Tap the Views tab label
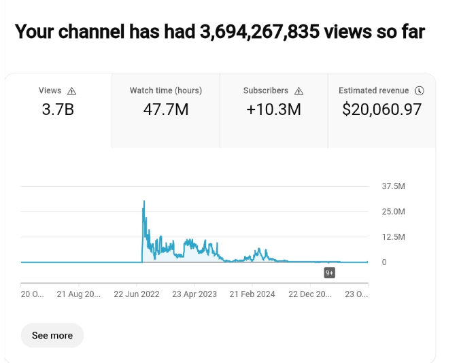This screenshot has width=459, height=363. pos(50,90)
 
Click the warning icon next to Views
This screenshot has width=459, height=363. pos(72,90)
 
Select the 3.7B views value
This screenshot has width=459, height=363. pos(58,109)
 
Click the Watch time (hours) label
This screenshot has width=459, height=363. pos(166,90)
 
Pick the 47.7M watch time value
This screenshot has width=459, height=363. pos(166,109)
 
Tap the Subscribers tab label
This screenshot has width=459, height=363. pos(266,90)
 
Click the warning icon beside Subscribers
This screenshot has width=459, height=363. pos(299,90)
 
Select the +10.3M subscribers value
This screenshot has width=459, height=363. pos(274,109)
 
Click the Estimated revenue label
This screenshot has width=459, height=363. pos(374,90)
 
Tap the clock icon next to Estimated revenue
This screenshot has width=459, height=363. pos(420,90)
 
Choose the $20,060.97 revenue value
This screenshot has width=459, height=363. pos(382,109)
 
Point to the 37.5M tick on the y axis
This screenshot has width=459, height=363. pos(394,186)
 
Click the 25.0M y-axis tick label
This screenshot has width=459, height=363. pos(394,211)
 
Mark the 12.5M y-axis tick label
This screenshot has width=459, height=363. pos(394,237)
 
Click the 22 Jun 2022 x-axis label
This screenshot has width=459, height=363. pos(137,294)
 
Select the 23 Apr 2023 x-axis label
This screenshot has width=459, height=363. pos(194,294)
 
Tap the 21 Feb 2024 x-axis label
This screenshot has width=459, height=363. pos(252,294)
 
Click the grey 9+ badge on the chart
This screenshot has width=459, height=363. pos(329,273)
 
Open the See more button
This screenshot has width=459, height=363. pos(52,335)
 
